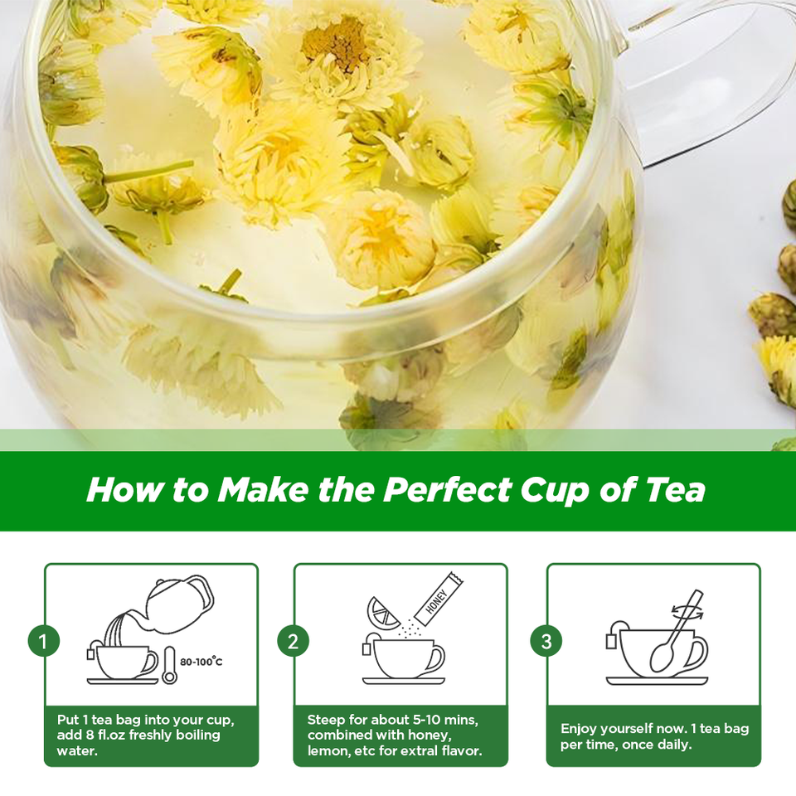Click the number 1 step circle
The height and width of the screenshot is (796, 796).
(x=44, y=641)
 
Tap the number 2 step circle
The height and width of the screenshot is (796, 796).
(x=293, y=641)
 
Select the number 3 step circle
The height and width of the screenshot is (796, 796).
(x=546, y=641)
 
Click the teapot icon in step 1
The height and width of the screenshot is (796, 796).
(x=175, y=604)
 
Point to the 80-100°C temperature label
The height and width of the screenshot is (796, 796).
(x=201, y=662)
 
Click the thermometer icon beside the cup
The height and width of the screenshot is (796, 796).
(x=169, y=665)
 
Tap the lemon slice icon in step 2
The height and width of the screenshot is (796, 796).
(x=382, y=614)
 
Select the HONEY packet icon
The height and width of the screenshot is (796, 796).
(x=438, y=599)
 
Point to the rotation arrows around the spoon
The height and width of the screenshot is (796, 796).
(x=687, y=611)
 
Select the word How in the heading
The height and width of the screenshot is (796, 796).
(x=125, y=490)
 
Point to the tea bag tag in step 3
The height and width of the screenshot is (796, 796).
(x=612, y=641)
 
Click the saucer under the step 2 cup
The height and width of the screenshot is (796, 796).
(x=404, y=680)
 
